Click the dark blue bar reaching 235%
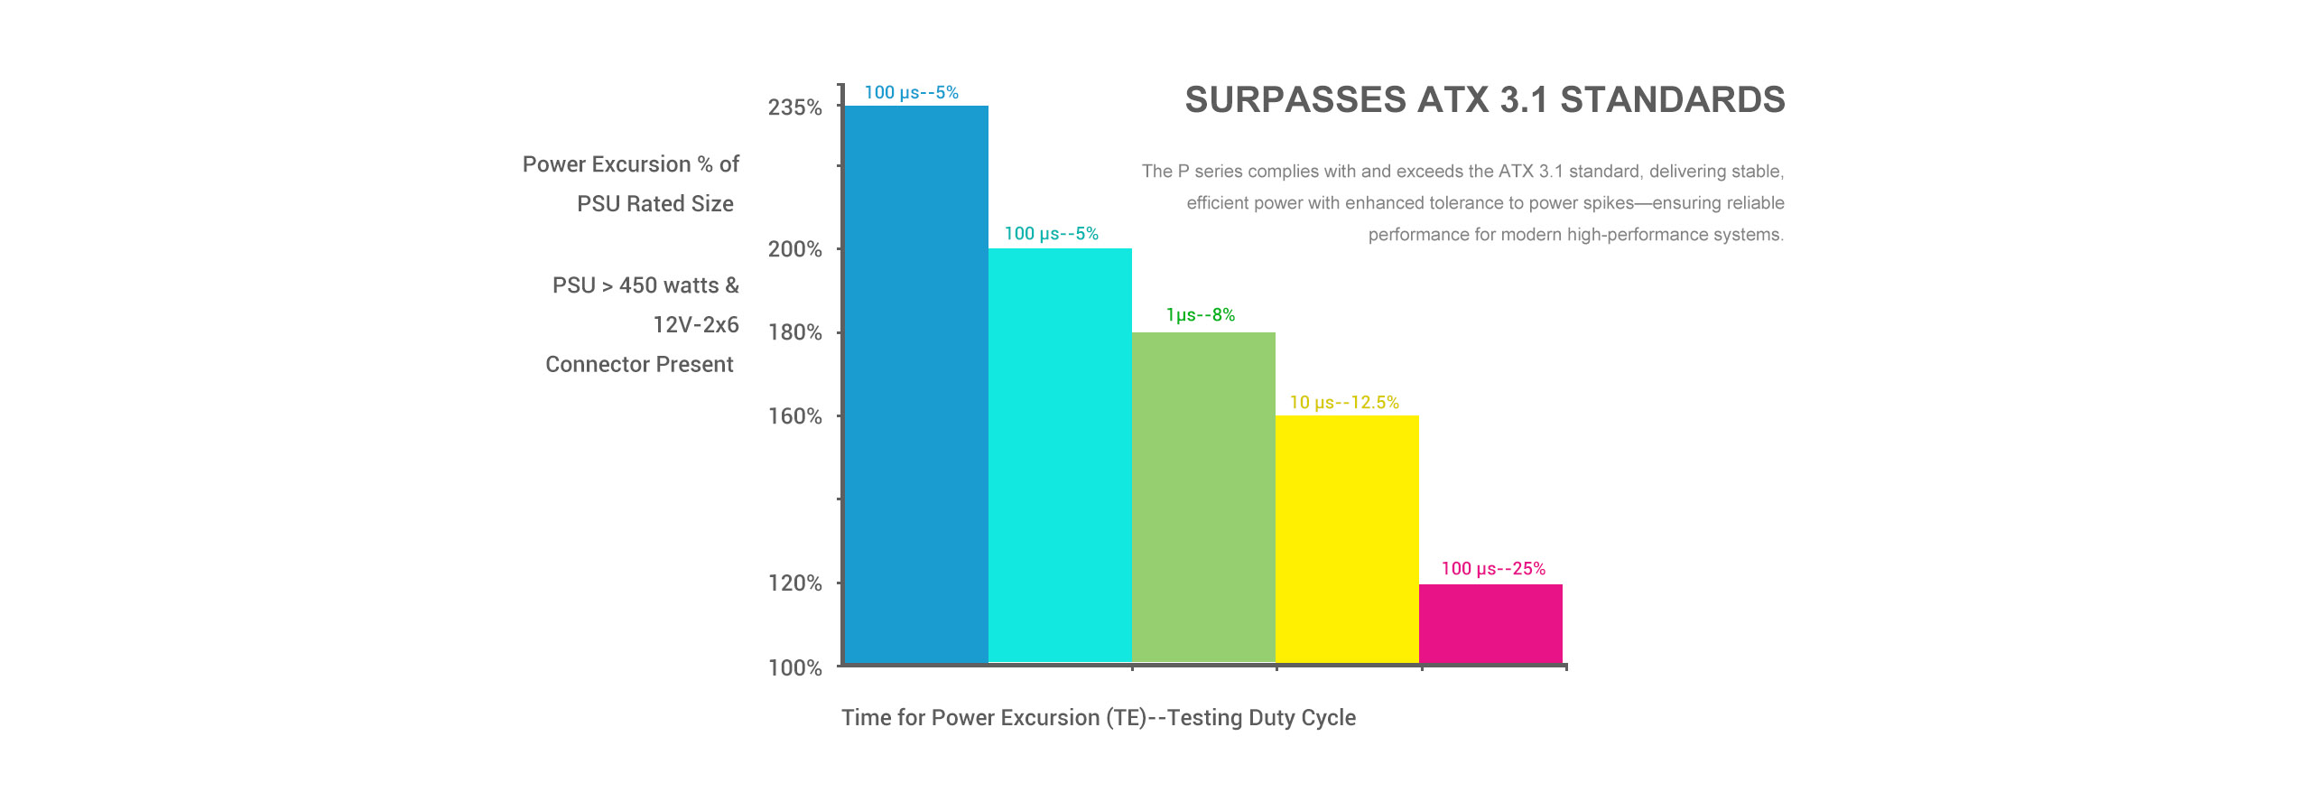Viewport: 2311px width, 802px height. tap(915, 384)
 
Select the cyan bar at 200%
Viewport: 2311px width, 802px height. tap(1060, 455)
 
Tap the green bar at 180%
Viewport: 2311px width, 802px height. tap(1203, 498)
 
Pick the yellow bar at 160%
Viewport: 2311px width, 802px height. tap(1347, 539)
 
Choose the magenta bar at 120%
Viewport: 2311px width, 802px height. tap(1490, 623)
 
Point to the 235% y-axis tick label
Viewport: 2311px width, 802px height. tap(795, 108)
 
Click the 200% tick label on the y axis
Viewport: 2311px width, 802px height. tap(795, 249)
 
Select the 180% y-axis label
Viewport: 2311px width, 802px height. tap(795, 332)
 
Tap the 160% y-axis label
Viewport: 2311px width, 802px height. tap(795, 416)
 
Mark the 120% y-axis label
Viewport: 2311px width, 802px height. tap(795, 583)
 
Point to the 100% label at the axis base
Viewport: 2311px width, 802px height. tap(795, 668)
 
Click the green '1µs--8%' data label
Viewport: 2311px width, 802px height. tap(1201, 315)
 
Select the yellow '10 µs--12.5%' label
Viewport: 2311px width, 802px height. tap(1344, 403)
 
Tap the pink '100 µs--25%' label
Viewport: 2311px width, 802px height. tap(1493, 569)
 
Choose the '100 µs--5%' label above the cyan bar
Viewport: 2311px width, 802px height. tap(1052, 234)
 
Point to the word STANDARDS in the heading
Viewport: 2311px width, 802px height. tap(1673, 100)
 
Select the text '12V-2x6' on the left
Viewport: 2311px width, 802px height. tap(696, 325)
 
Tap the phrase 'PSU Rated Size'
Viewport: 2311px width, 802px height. tap(655, 204)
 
